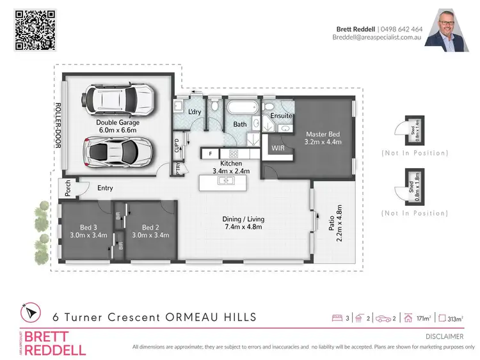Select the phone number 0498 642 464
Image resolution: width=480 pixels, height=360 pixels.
(x=401, y=29)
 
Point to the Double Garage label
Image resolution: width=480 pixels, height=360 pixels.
(x=117, y=126)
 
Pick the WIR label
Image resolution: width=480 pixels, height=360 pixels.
(x=278, y=148)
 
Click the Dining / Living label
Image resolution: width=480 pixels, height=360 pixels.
(x=243, y=223)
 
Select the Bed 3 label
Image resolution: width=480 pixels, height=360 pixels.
(x=80, y=231)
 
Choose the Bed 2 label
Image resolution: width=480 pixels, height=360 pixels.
(x=150, y=231)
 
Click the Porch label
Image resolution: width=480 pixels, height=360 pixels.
(x=64, y=188)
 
